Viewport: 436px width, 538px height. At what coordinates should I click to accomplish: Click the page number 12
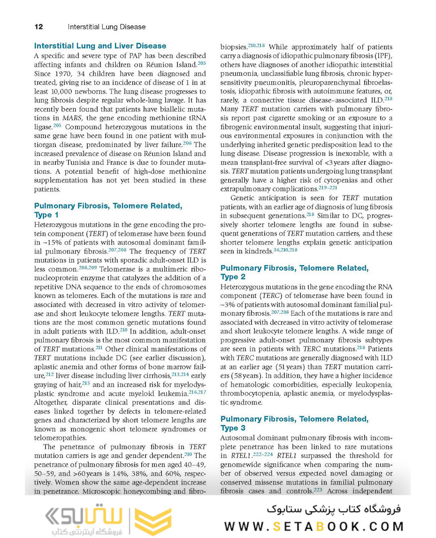coord(38,26)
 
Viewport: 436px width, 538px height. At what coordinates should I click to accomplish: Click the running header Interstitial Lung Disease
coord(107,26)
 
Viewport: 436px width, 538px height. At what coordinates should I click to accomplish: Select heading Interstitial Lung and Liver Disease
coord(100,46)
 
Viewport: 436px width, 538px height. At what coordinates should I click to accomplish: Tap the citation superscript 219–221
coord(327,187)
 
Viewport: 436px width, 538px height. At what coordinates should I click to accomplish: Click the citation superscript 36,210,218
coord(286,249)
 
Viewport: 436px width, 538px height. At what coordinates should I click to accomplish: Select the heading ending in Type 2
coord(294,272)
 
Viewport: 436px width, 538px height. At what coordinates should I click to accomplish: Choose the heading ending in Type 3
coord(294,423)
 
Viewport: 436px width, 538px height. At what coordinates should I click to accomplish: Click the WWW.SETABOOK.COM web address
coord(314,527)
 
